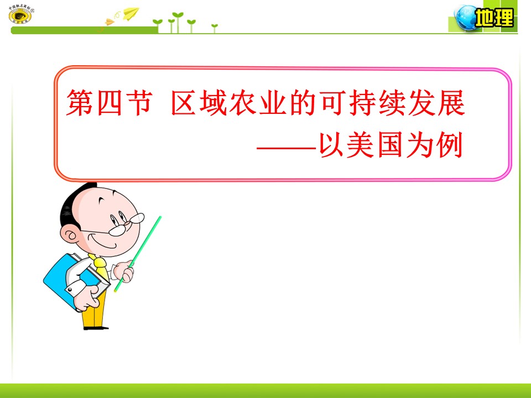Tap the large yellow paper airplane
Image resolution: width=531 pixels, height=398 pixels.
(131, 13)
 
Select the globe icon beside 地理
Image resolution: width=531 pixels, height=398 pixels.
(464, 18)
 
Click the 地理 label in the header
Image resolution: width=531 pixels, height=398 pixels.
(494, 19)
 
